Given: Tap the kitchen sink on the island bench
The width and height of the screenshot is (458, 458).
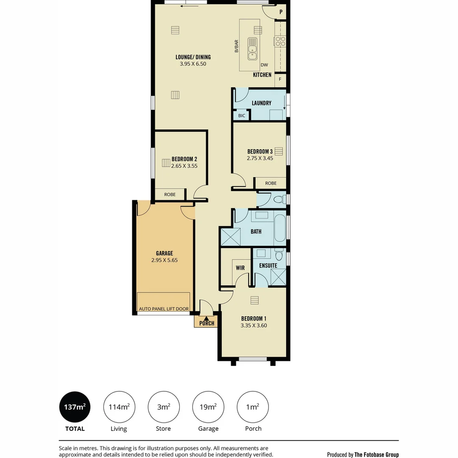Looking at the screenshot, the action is tap(252, 49).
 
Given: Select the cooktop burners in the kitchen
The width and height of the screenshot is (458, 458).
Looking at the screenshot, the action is tap(280, 41).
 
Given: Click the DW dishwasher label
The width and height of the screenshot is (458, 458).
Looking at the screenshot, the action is tap(264, 65).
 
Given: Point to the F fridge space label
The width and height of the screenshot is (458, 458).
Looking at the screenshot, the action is tap(280, 79).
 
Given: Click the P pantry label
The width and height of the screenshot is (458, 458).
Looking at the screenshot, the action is tap(281, 12).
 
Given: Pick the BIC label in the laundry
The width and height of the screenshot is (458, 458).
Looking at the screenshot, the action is tap(242, 116).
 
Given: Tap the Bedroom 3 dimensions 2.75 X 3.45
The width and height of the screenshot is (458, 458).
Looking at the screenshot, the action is tap(260, 158).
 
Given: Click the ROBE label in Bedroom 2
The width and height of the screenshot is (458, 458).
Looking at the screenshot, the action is tap(170, 195).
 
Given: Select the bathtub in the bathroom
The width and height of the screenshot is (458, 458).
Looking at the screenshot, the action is tap(280, 228).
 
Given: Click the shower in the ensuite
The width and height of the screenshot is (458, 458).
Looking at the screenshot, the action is tap(278, 277).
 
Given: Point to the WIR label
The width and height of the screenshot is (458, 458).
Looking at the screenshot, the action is tap(240, 268).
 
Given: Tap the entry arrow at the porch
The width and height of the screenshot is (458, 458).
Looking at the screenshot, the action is tap(206, 318).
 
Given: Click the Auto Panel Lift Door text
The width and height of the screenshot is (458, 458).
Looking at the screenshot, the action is tap(164, 309).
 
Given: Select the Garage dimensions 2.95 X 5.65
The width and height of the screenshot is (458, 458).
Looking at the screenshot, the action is tap(165, 260).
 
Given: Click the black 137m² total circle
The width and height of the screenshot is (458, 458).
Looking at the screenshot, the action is tap(75, 407).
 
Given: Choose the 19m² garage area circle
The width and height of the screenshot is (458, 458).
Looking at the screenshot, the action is tap(208, 407).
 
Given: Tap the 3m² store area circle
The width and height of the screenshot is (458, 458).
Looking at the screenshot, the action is tap(164, 407).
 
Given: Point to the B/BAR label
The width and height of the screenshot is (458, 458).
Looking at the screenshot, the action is tap(236, 46).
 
